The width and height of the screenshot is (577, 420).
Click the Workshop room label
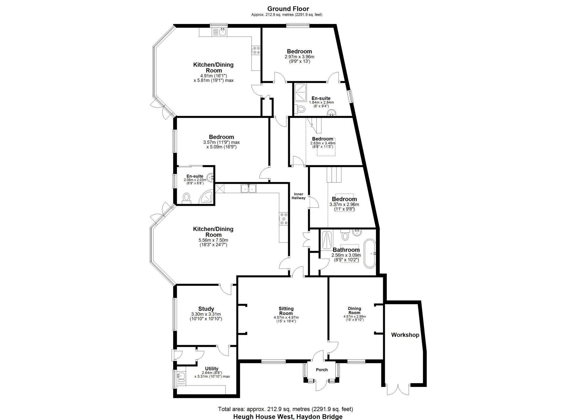pos(405,335)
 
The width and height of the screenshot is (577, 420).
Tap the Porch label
pos(322,370)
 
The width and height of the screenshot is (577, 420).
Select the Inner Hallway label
pos(298,196)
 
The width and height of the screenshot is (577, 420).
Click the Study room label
pos(206,309)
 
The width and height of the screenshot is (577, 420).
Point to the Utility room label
pos(212,369)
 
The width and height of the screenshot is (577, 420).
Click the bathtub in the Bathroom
pos(370,254)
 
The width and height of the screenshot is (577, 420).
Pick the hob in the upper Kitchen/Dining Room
pos(256,50)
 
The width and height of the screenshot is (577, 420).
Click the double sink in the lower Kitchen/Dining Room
pos(248,188)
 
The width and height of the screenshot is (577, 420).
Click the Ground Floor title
pos(288,9)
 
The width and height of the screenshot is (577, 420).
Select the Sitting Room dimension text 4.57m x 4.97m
pos(286,317)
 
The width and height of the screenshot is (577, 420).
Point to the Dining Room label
pos(355,310)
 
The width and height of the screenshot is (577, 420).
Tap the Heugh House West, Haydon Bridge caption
pos(288,417)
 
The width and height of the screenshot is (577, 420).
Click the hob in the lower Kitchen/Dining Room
pos(284,218)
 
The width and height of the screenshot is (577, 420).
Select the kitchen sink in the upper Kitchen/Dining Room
pos(220,32)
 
